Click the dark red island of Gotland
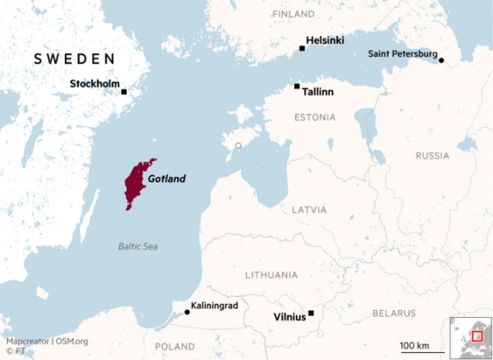point(136,183)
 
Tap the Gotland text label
point(166,179)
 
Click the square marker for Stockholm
point(124,92)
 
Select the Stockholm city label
point(93,84)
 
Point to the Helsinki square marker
point(302,48)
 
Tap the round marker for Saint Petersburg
point(442,60)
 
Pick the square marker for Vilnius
point(311,313)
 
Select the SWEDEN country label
point(74,58)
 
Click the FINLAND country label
point(293,15)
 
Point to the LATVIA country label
point(309,209)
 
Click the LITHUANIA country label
point(271,275)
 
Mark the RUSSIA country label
point(432,156)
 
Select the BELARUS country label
point(394,313)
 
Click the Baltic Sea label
point(138,246)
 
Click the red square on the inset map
point(477,336)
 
